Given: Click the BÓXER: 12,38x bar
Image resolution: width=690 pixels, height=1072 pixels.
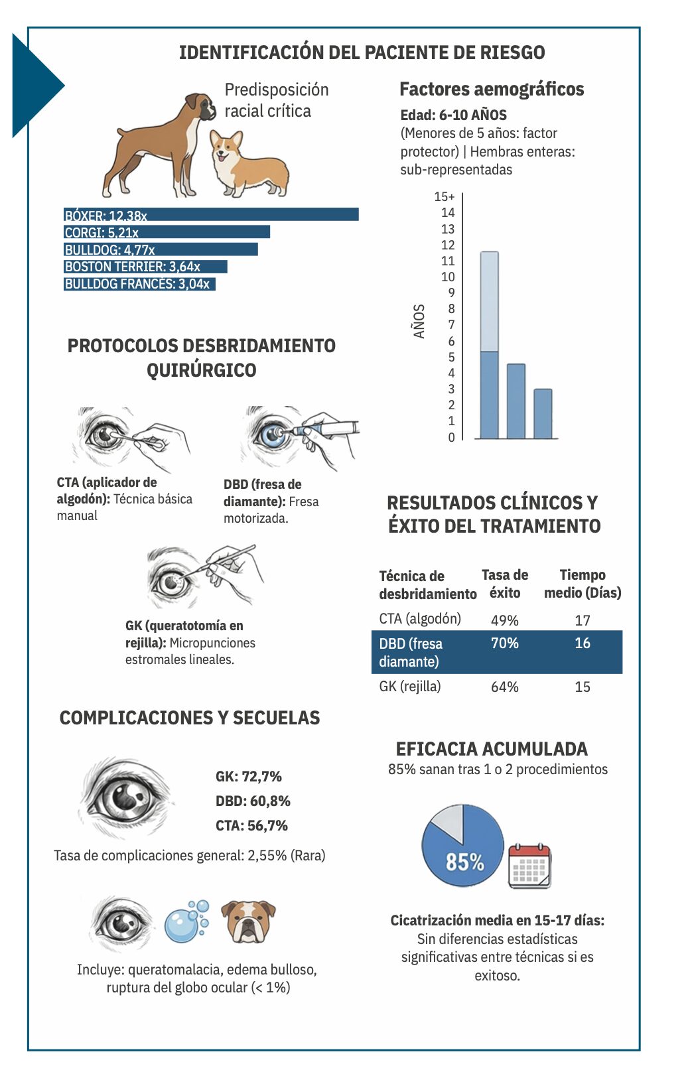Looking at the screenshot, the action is [x=211, y=214].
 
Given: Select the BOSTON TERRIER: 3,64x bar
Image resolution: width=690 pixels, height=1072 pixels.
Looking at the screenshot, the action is [x=145, y=267].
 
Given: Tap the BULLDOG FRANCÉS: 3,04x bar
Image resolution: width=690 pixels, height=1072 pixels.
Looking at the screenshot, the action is [x=140, y=284].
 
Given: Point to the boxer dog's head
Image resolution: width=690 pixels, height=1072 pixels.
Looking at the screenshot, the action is [x=202, y=106].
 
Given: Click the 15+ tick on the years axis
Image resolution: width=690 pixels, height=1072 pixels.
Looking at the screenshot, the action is [x=444, y=197].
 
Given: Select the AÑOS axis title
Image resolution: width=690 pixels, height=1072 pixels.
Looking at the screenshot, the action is [x=419, y=321].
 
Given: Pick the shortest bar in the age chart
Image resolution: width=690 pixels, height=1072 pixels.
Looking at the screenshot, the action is [x=543, y=413].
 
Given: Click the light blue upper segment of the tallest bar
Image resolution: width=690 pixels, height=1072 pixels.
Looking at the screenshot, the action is [x=489, y=301].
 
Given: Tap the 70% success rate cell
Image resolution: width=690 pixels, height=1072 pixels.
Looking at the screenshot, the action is [x=504, y=643].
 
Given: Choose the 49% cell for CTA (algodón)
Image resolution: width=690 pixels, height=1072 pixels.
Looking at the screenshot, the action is [x=504, y=620].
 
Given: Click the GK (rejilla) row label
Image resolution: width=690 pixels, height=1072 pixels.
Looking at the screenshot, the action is [x=409, y=687].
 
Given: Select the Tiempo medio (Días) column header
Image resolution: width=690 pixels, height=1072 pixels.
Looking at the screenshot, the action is [x=583, y=583].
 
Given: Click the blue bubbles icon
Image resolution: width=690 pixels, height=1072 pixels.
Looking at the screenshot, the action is [x=186, y=921].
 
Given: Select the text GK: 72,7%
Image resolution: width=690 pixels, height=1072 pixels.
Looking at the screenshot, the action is [x=248, y=776].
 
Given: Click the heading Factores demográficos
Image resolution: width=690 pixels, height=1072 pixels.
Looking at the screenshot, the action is [x=492, y=89].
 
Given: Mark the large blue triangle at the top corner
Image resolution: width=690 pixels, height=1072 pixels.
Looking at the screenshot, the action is [x=33, y=86].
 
